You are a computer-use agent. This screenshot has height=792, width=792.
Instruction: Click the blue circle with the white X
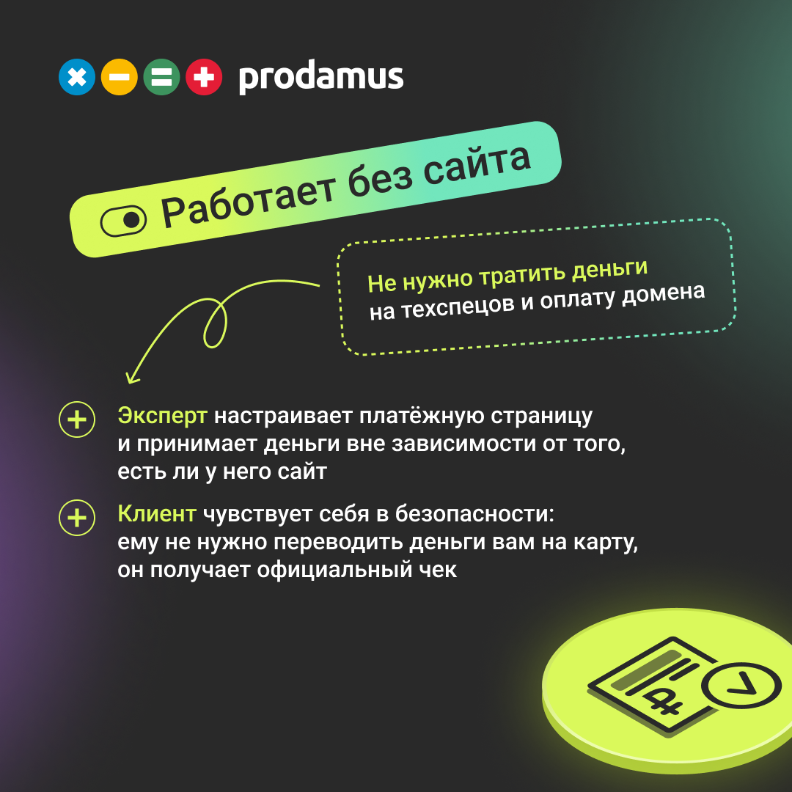click(x=77, y=77)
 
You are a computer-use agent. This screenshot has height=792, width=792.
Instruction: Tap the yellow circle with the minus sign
click(x=120, y=77)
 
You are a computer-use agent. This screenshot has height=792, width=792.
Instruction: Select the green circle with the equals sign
click(x=161, y=77)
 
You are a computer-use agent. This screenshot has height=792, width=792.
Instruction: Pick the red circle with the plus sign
click(x=204, y=77)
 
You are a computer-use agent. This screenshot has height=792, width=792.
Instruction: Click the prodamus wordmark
click(x=320, y=77)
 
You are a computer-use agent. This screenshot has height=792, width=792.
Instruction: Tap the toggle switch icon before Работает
click(x=123, y=221)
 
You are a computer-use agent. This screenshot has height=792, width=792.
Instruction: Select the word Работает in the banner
click(x=248, y=200)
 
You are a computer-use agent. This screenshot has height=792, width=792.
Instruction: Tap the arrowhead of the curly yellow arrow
click(x=131, y=377)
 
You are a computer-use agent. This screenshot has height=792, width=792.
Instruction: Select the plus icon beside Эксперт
click(x=77, y=419)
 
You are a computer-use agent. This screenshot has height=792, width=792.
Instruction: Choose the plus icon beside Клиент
click(x=77, y=518)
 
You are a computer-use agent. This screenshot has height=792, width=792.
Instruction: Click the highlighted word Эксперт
click(x=162, y=417)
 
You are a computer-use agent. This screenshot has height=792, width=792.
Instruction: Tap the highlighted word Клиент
click(x=157, y=513)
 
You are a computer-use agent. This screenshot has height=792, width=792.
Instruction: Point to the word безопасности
click(x=474, y=513)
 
